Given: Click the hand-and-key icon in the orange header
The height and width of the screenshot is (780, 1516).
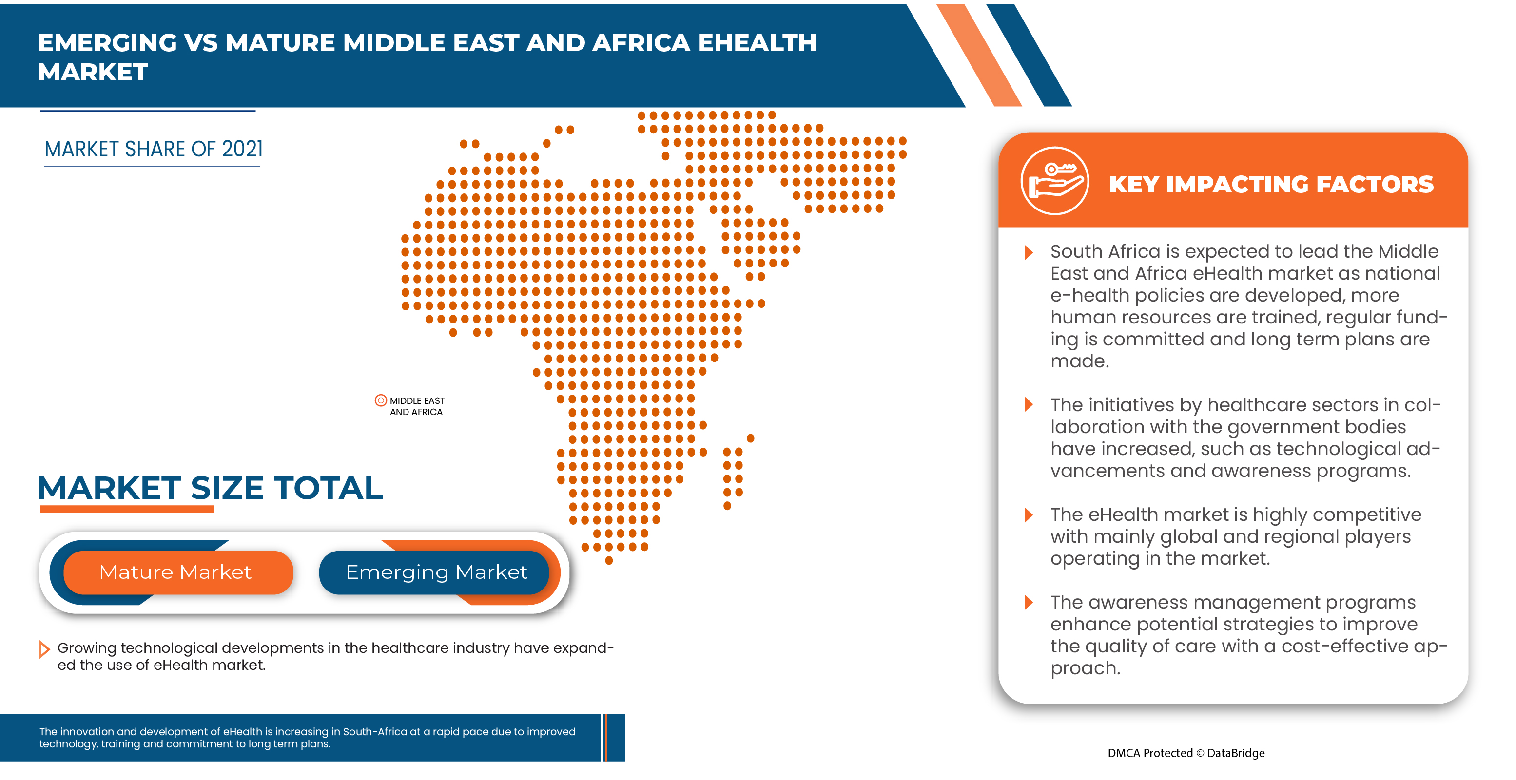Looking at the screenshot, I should tap(1054, 181).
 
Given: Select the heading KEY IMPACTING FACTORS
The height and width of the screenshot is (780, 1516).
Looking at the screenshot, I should tap(1271, 185).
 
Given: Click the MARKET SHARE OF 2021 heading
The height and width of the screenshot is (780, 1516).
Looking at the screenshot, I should tap(153, 150).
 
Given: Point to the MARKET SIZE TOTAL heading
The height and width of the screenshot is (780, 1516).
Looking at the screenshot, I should tap(210, 488).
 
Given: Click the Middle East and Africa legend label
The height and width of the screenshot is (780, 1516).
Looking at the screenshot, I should tap(417, 406).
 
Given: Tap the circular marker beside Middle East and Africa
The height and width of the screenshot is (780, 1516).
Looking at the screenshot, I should tap(381, 400).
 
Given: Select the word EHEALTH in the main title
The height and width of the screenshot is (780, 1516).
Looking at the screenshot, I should tap(757, 43).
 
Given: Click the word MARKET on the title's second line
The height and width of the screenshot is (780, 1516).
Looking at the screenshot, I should tap(93, 73).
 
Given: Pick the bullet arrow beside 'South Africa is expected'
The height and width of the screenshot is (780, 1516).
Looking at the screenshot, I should tap(1028, 253).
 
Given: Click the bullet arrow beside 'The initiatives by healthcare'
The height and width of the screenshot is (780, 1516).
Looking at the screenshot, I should tap(1028, 405).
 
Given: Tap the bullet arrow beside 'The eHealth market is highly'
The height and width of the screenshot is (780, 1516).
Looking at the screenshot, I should tap(1028, 515).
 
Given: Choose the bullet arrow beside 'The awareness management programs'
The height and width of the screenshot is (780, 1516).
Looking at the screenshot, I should tap(1028, 602).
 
